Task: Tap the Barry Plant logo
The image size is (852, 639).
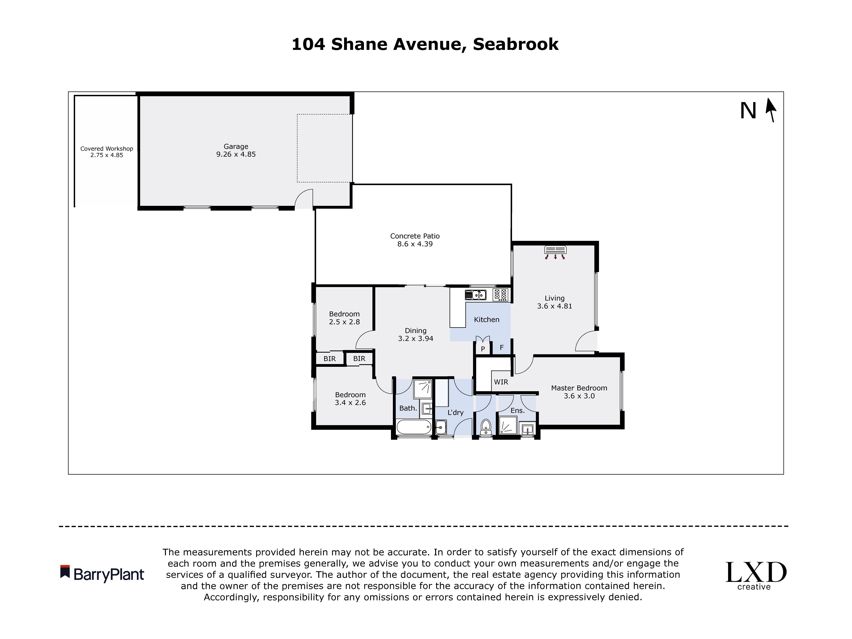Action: (x=102, y=574)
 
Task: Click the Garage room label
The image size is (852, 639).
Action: (x=236, y=146)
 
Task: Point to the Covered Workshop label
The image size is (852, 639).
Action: (x=107, y=149)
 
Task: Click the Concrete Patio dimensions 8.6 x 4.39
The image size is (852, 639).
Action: (x=415, y=244)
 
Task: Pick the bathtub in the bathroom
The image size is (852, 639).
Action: (x=414, y=427)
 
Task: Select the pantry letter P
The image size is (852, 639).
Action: (x=483, y=349)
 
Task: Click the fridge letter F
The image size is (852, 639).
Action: (x=502, y=347)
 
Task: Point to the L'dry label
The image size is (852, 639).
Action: (x=455, y=412)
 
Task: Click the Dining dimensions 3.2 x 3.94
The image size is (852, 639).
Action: (x=416, y=339)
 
